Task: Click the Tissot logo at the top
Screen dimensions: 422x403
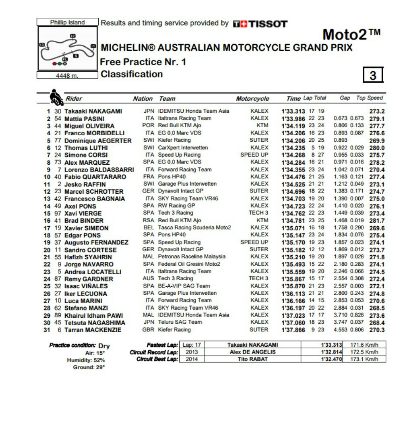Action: [260, 24]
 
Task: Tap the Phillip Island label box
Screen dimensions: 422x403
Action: [67, 22]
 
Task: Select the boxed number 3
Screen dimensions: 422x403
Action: [373, 75]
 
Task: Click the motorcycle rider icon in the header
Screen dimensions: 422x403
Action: [56, 97]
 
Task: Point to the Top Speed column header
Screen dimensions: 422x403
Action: [370, 98]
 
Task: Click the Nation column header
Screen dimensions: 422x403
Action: [143, 99]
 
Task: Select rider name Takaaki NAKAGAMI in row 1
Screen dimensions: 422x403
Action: [93, 111]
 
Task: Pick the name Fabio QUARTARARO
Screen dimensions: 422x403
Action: [95, 177]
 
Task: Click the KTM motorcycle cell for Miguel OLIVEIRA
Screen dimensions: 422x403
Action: [262, 126]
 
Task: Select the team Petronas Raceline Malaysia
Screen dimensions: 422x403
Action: [191, 257]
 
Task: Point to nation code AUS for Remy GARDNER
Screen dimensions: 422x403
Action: [148, 279]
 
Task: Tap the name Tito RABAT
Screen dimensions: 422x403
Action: [252, 359]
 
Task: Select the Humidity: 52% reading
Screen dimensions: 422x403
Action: [85, 360]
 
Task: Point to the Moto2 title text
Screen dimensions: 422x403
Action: [351, 35]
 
